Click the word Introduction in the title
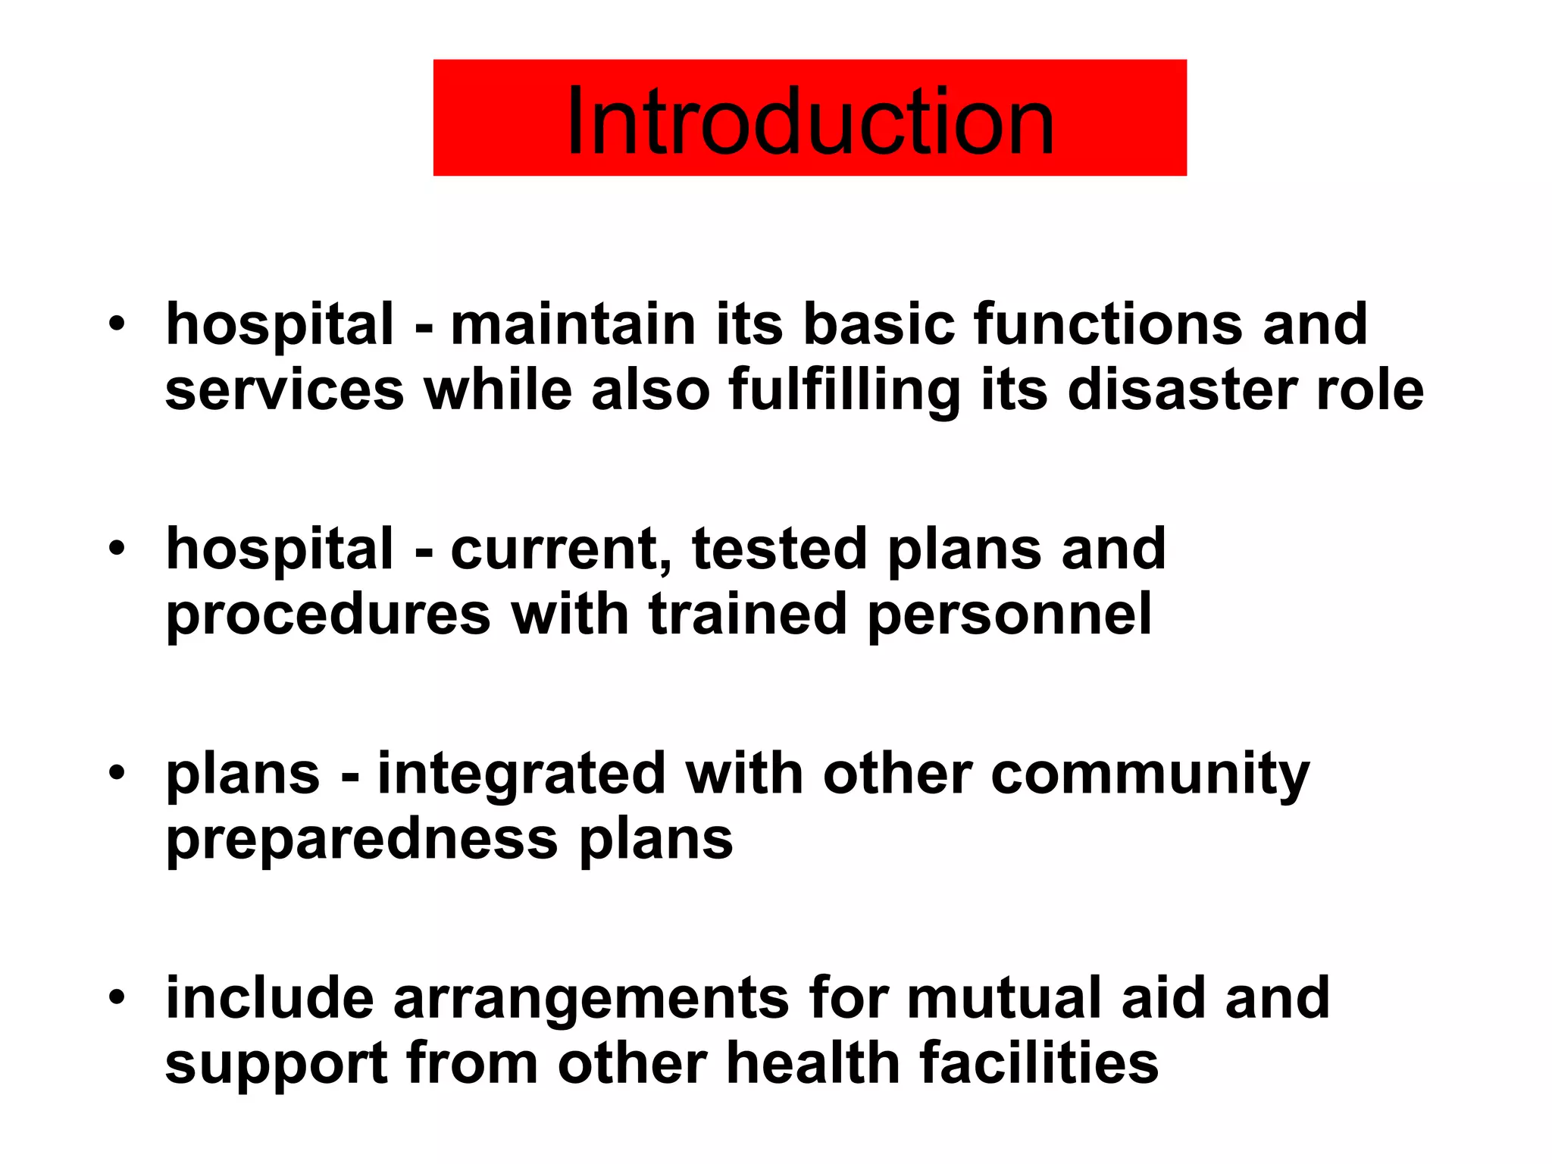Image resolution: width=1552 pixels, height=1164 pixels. (809, 121)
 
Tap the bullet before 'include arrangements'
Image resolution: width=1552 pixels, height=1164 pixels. (116, 997)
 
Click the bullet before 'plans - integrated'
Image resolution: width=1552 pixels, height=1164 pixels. (116, 773)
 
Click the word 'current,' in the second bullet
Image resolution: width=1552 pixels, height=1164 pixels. (562, 550)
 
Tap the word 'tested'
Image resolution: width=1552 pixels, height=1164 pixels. (780, 549)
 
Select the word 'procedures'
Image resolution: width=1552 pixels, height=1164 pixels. (329, 615)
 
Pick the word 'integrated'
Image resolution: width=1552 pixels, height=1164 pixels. (522, 774)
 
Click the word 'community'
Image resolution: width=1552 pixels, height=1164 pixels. (1150, 774)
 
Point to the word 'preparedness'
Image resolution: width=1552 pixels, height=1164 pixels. (362, 840)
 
